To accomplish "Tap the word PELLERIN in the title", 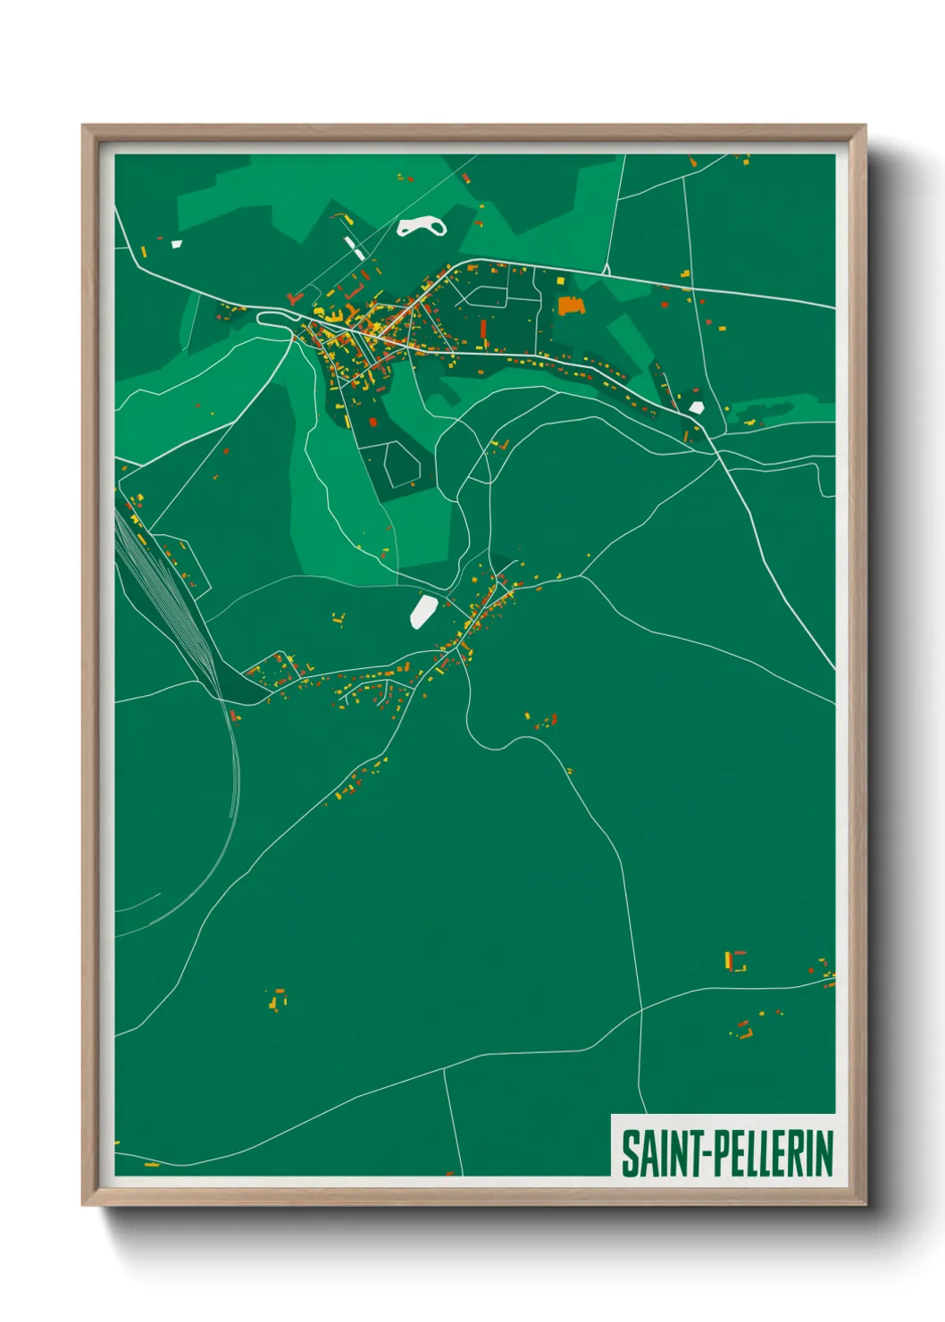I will click(x=773, y=1153).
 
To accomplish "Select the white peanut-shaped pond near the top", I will click(x=421, y=227).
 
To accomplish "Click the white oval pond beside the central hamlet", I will click(x=422, y=612).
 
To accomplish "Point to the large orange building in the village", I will click(x=570, y=305).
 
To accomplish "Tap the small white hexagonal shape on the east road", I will click(x=697, y=407).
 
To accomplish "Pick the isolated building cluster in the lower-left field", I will click(x=279, y=999).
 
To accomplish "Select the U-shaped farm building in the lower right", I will click(x=735, y=961).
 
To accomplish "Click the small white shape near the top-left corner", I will click(x=177, y=243).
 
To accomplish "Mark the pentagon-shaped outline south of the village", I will click(x=402, y=464).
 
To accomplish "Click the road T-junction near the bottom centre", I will click(x=444, y=1068).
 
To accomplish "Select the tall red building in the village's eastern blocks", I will click(x=483, y=331).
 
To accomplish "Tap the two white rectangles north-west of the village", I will click(x=354, y=247).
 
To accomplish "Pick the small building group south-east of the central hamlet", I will click(x=544, y=720).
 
